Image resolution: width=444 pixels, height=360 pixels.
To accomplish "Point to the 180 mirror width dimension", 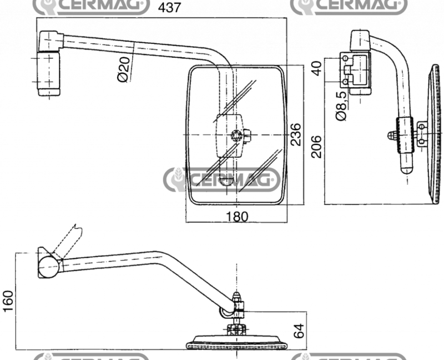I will [x=237, y=217].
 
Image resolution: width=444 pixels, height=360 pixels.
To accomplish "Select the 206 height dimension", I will [x=316, y=146].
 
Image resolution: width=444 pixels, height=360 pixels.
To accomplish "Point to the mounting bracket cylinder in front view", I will [x=48, y=73].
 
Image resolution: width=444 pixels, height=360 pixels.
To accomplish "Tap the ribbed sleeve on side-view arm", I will [x=405, y=136].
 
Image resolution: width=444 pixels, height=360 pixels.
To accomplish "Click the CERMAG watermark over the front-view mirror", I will [x=222, y=179].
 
